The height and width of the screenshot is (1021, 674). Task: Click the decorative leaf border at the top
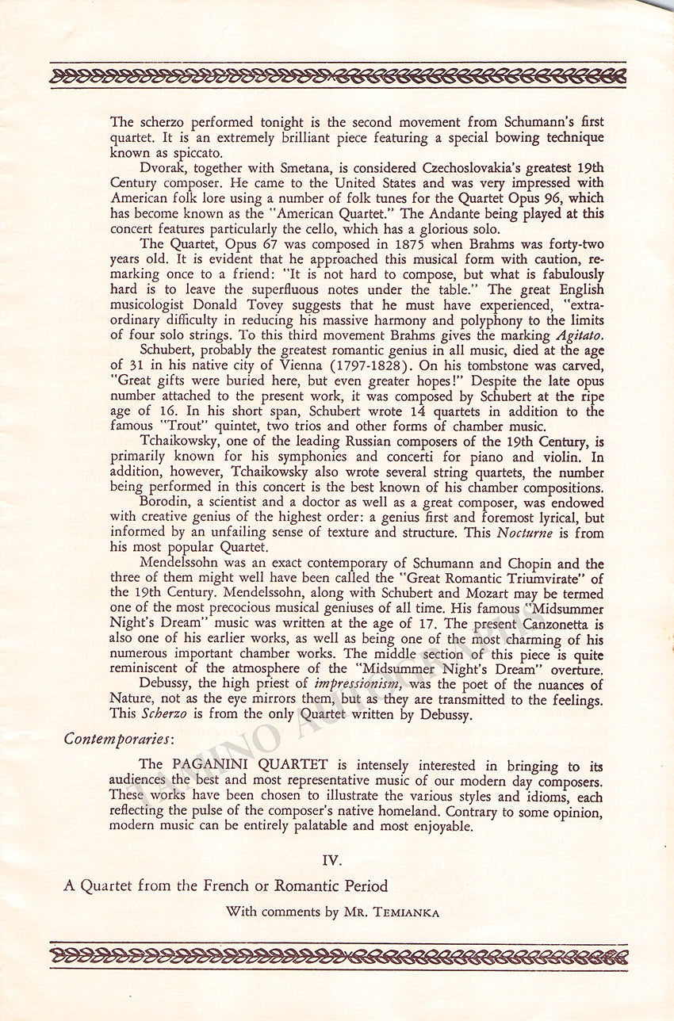(337, 77)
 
